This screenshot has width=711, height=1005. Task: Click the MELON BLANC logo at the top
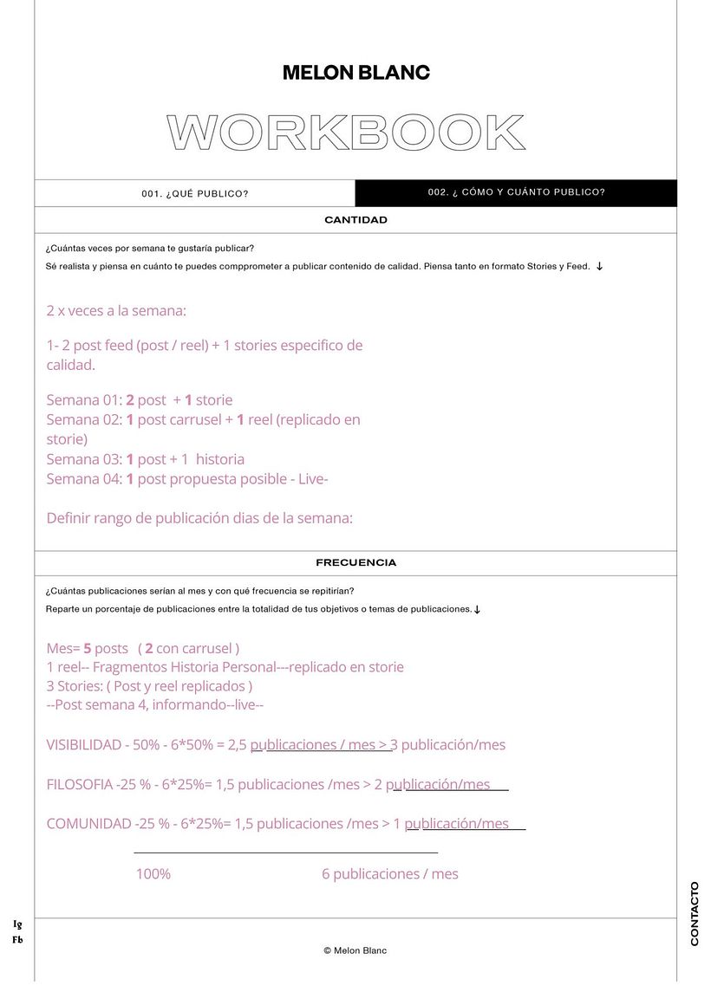pos(355,74)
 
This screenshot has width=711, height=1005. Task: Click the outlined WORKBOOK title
pos(346,133)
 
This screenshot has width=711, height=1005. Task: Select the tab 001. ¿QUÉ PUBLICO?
pos(195,193)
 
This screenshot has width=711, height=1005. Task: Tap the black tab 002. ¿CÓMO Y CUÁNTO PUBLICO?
pos(516,192)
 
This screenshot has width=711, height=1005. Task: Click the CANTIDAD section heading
pos(355,220)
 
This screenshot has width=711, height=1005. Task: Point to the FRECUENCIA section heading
pos(355,563)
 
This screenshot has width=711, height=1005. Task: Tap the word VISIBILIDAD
pos(84,745)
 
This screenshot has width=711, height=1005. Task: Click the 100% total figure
pos(153,874)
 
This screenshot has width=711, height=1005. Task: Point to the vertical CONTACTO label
pos(695,914)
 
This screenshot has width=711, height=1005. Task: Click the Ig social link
pos(17,924)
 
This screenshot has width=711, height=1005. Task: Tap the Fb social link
pos(17,939)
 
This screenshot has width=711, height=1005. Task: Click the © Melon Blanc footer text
pos(355,950)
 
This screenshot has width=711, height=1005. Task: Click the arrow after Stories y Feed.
pos(599,267)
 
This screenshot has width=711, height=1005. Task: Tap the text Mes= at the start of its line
pos(63,648)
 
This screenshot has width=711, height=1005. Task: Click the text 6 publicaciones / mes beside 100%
pos(390,874)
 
